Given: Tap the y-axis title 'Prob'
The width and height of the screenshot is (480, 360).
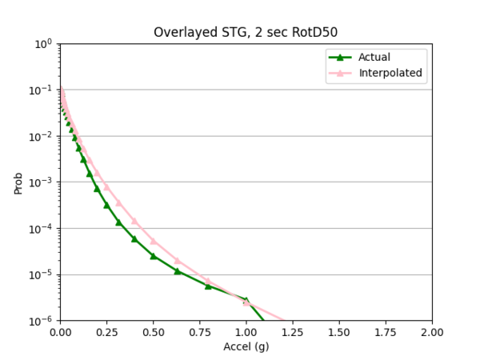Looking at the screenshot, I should [x=18, y=182].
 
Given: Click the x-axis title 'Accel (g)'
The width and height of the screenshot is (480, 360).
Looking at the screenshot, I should [x=246, y=348].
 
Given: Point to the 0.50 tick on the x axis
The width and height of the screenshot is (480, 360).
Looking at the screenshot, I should [x=153, y=332].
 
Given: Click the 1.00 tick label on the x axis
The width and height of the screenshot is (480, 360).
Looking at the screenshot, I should [x=246, y=332].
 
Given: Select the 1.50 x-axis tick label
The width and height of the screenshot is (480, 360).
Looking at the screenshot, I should [x=339, y=332].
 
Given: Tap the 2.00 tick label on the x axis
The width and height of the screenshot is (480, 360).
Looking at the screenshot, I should [x=432, y=332].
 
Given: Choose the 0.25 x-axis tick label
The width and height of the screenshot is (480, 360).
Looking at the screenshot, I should [x=106, y=332].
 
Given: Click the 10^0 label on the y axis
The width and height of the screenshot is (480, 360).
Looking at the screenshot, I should [x=42, y=44].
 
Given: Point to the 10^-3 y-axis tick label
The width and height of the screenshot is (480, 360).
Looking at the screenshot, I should [x=41, y=182].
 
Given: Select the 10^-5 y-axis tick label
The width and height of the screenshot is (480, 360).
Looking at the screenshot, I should [x=41, y=274].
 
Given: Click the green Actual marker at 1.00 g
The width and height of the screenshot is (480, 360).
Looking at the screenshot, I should [x=246, y=300].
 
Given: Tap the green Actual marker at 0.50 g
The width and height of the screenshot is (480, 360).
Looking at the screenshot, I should [x=153, y=256].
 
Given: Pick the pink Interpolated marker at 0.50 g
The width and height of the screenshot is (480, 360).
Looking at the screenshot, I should [x=153, y=241].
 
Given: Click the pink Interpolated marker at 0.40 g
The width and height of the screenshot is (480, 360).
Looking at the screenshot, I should [x=134, y=221].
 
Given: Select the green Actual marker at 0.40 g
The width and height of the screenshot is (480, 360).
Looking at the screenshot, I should [x=134, y=238].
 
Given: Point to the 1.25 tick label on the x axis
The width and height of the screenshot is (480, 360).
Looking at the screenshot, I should [x=292, y=332].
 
